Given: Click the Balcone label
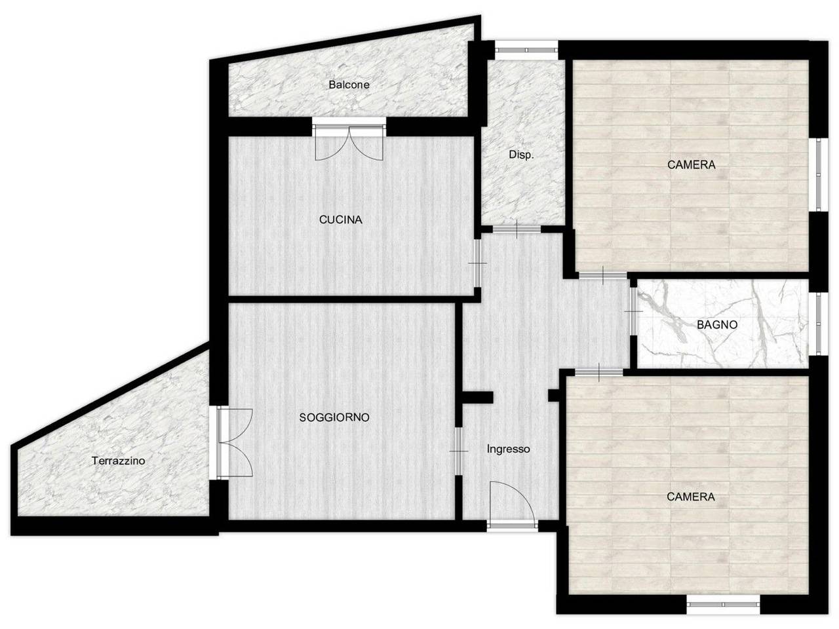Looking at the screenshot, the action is coord(349,85).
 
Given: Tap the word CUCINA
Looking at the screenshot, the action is coord(340,219).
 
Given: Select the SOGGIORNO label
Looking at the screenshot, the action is coord(334,417).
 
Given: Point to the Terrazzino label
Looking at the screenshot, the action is coord(118,461).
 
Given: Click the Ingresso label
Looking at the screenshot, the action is coord(508,449).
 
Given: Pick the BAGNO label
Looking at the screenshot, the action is coord(716,324).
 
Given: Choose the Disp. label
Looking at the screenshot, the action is coord(521,155).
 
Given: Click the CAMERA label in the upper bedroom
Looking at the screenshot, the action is coord(691,164).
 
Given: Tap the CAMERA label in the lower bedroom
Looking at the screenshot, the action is coord(690,497).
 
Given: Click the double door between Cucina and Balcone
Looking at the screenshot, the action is coord(349,140).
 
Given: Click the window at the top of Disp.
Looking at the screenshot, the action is coord(526,50).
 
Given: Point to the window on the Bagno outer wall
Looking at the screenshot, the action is coord(818,324).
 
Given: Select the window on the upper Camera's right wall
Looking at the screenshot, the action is coord(818,174).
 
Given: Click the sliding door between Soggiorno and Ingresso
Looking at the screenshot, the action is coord(459,451).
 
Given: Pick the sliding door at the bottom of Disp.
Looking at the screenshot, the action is coord(517,229).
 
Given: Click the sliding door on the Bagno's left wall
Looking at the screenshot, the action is coord(633,312).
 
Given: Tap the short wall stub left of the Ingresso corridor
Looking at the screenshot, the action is coord(477,398).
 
